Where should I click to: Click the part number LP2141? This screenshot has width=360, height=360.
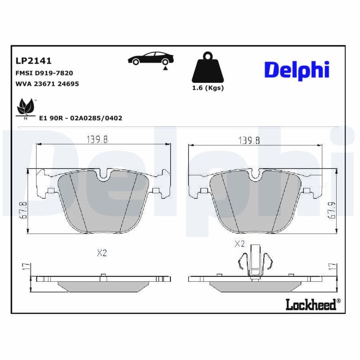[33, 60]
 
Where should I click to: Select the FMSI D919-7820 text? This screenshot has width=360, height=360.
[44, 72]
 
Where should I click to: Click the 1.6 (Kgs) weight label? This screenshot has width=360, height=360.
[207, 88]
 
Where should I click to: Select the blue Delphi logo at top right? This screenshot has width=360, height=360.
[297, 70]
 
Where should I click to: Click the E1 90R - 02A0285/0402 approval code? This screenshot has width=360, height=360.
[81, 118]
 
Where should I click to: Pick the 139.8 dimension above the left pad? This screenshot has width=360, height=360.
[97, 140]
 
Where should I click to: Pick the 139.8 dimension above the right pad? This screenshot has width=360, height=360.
[249, 140]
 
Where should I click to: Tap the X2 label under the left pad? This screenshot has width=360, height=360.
[102, 253]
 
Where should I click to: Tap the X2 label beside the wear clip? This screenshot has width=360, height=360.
[239, 244]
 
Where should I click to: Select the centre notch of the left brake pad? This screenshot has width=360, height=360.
[104, 175]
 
